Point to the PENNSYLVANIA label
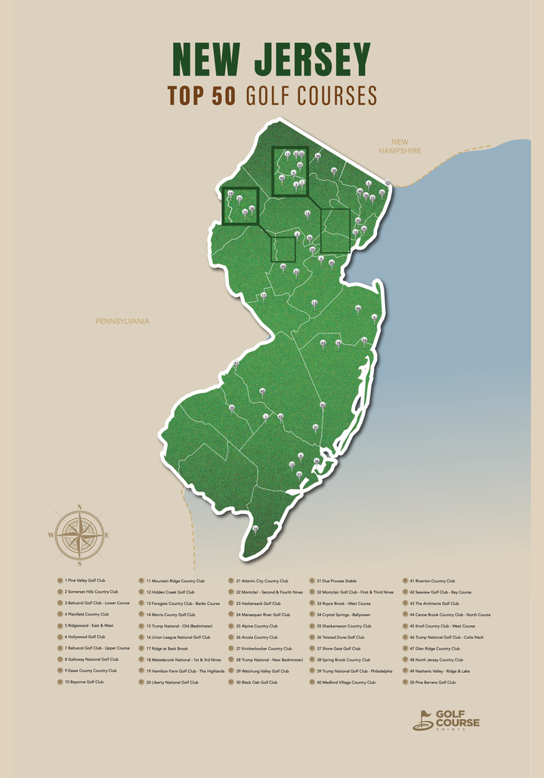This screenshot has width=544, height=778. tap(122, 321)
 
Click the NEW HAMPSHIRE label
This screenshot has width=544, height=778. tap(400, 146)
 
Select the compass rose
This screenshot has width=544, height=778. tap(79, 535)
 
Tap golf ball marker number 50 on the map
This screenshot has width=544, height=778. tap(323, 406)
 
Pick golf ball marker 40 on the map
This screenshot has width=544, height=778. tap(262, 391)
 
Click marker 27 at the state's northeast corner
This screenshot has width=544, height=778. tap(388, 182)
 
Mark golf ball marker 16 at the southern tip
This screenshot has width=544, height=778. tap(255, 528)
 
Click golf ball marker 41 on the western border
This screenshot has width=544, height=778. tap(236, 364)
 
